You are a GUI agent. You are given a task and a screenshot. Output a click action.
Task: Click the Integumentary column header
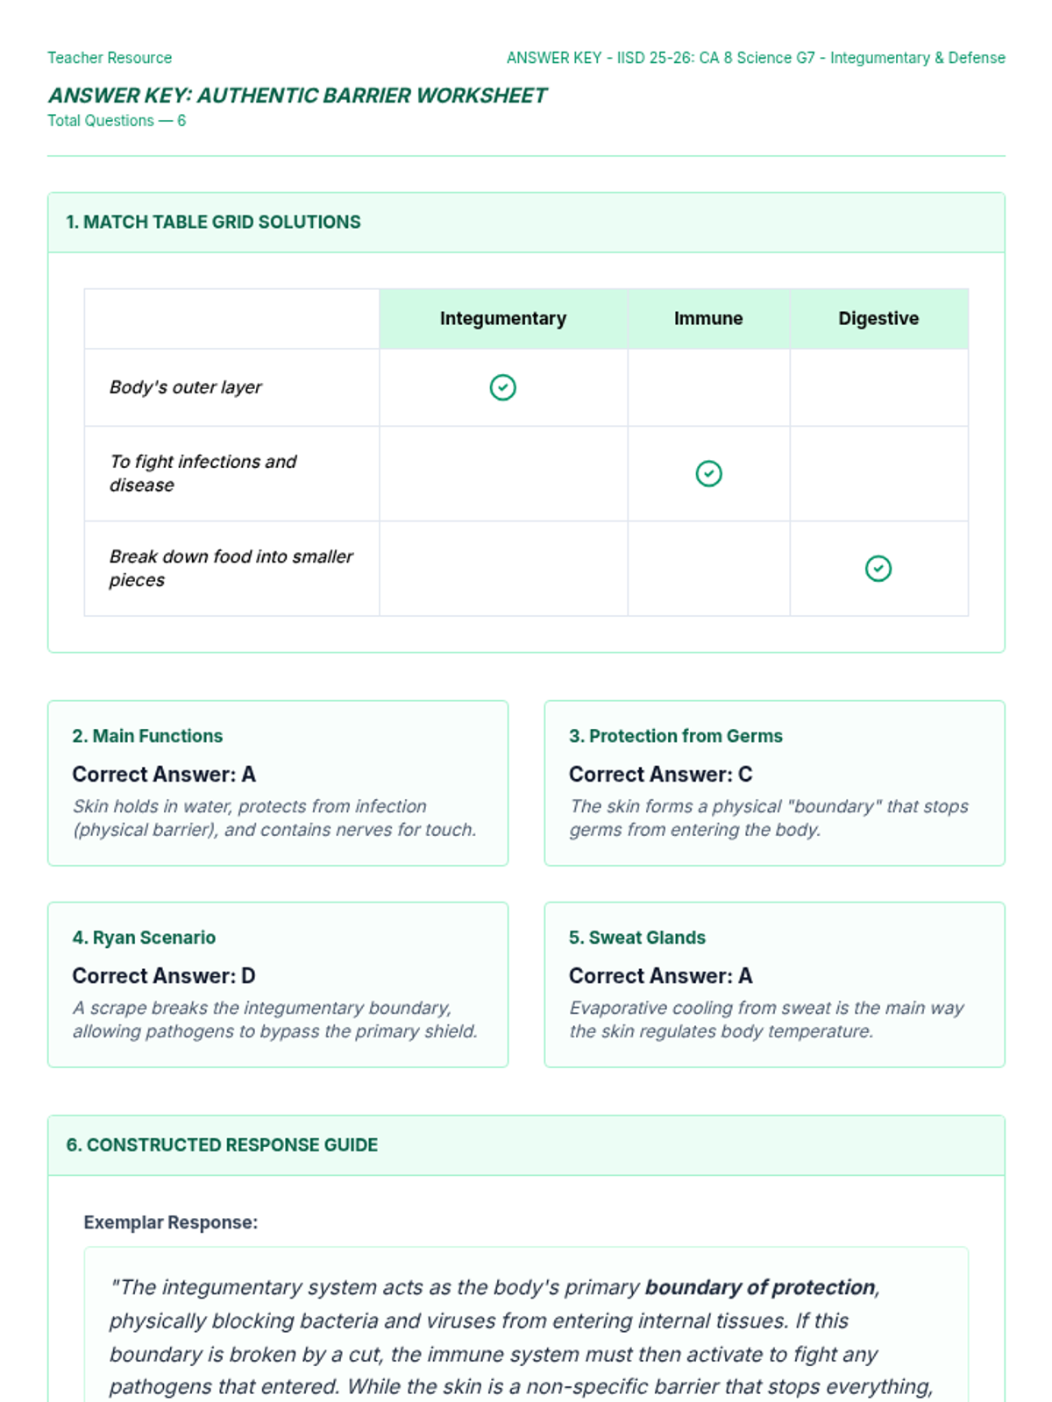point(502,319)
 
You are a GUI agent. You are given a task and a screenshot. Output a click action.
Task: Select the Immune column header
point(708,319)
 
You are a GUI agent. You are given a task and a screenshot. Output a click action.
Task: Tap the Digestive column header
point(878,319)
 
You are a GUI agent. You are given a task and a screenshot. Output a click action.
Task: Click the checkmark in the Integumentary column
point(502,387)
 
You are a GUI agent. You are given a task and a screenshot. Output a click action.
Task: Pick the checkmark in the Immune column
point(708,474)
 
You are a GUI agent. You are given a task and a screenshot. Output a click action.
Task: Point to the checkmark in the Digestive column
point(878,569)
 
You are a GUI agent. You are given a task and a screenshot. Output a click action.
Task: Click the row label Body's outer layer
point(186,387)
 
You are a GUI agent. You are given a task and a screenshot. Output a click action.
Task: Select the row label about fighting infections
point(203,473)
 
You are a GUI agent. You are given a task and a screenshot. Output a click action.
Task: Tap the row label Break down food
point(231,568)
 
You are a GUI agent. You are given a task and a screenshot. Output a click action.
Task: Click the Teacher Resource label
point(110,58)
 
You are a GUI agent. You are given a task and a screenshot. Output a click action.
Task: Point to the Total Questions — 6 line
point(117,121)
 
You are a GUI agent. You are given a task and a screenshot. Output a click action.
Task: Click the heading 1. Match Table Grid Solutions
point(213,223)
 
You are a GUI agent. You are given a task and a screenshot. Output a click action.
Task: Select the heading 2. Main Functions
point(147,736)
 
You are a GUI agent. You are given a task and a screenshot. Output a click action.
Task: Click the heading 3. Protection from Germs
point(675,736)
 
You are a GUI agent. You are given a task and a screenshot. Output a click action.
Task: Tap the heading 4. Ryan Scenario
point(144,938)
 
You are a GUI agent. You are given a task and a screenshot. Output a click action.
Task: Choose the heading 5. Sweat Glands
point(636,938)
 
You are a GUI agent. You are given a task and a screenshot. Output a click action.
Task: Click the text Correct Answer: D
point(164,976)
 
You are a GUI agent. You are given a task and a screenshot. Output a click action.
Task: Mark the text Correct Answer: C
point(660,775)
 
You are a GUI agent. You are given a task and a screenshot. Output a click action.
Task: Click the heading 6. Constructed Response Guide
point(222,1145)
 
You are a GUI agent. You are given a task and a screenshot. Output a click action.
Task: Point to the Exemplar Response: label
point(171,1222)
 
